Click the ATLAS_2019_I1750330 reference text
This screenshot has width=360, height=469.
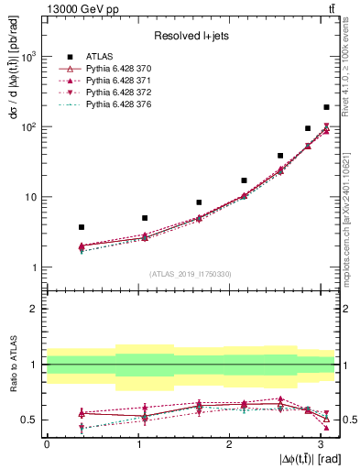click(191, 274)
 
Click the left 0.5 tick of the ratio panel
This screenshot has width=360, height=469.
click(32, 420)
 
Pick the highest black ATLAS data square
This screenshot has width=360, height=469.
click(326, 107)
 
